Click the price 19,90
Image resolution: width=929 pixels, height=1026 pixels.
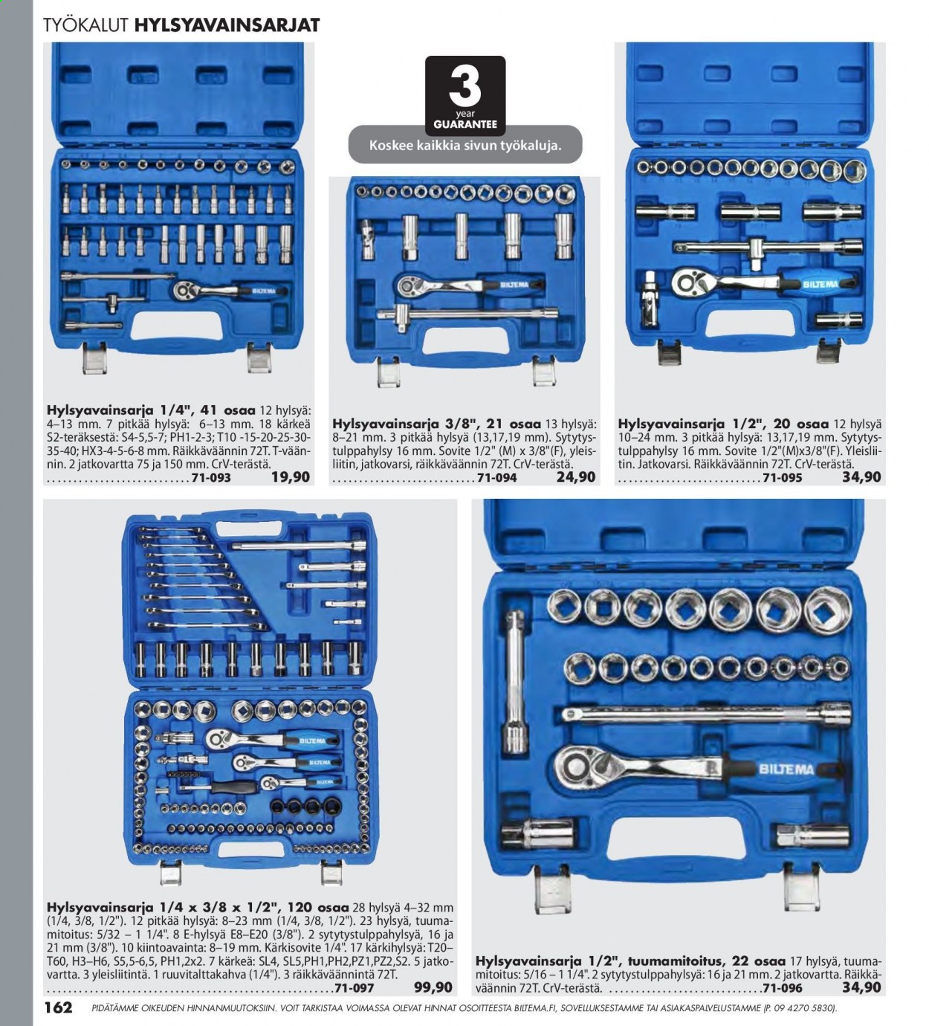coord(291,477)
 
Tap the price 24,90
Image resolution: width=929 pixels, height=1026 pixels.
coord(576,477)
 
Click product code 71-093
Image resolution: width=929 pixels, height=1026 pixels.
coord(211,478)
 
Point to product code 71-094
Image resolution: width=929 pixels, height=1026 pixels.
coord(497,478)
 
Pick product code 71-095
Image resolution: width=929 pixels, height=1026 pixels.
coord(783,478)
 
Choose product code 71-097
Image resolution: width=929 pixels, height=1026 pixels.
coord(355,988)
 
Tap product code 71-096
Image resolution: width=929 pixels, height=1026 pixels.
coord(783,988)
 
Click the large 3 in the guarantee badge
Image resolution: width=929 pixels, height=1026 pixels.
coord(464,86)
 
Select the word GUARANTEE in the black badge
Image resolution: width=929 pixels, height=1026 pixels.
coord(465,124)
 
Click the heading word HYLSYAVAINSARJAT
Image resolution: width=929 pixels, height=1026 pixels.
coord(227,25)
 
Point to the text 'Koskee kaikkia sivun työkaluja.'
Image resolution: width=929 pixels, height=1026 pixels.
coord(465,145)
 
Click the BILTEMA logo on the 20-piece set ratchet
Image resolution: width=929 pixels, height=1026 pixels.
coord(820,284)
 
